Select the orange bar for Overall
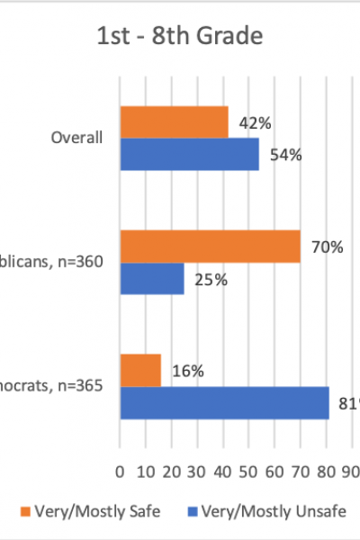pyautogui.click(x=174, y=122)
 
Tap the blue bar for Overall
pyautogui.click(x=189, y=154)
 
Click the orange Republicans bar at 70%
pyautogui.click(x=210, y=247)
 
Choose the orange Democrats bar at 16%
pyautogui.click(x=140, y=370)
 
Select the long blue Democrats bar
pyautogui.click(x=224, y=402)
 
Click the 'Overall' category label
pyautogui.click(x=78, y=138)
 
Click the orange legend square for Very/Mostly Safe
pyautogui.click(x=25, y=511)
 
